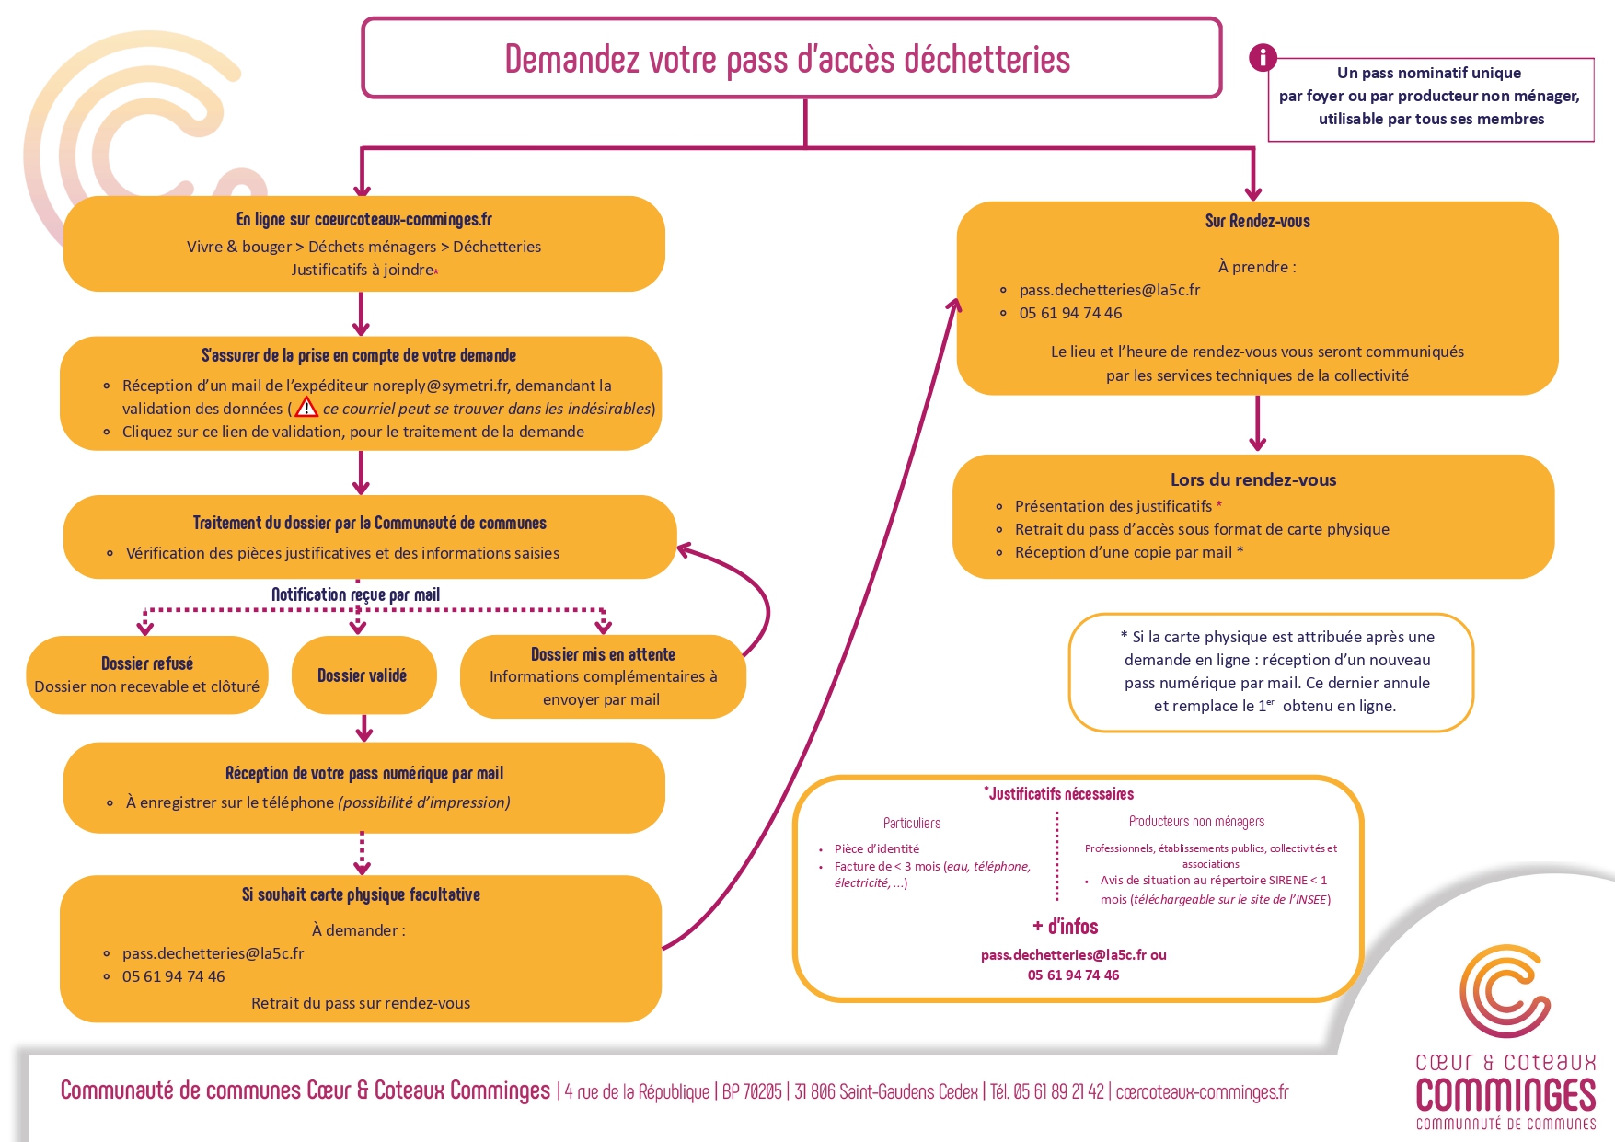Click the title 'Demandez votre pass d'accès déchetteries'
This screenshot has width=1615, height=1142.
[x=788, y=60]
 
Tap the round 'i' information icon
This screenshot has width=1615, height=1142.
[x=1263, y=58]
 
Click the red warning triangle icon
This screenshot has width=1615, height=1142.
[x=306, y=408]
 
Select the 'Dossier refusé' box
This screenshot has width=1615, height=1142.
[x=147, y=675]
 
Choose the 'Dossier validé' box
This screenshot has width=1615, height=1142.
[x=363, y=675]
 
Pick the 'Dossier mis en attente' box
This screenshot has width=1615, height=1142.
[x=603, y=676]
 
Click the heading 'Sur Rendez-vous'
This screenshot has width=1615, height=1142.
[x=1257, y=221]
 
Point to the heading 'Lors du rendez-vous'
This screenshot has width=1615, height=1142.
[x=1252, y=479]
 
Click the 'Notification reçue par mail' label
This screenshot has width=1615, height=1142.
[x=355, y=594]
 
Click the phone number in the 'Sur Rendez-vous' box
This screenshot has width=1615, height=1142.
[x=1070, y=313]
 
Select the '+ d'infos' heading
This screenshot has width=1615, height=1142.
[x=1065, y=927]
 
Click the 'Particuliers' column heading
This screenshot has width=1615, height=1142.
[x=911, y=823]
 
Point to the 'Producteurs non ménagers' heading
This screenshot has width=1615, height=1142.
[x=1196, y=821]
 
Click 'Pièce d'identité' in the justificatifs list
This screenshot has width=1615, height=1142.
[x=876, y=848]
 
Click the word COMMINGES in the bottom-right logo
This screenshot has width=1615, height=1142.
[x=1505, y=1094]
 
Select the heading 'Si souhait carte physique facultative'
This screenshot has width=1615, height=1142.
[x=361, y=894]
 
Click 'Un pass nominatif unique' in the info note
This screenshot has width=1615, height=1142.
[x=1428, y=73]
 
